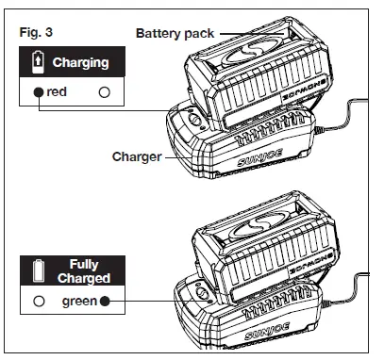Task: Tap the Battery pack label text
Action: click(x=174, y=32)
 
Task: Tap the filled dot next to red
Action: click(x=37, y=93)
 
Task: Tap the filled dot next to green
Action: click(x=105, y=303)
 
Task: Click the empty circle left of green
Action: click(x=37, y=303)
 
